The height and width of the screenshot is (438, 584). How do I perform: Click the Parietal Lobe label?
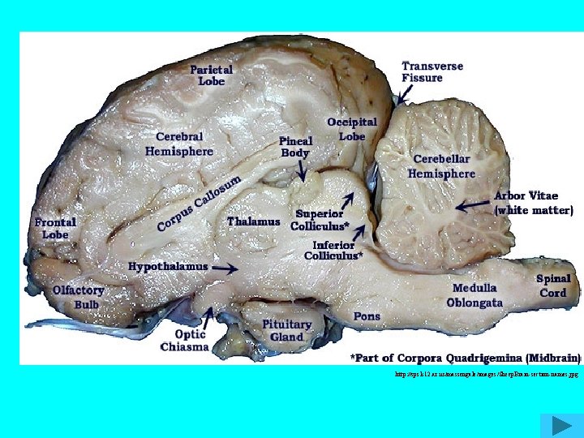point(211,75)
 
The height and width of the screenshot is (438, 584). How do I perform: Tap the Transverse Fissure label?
point(433,71)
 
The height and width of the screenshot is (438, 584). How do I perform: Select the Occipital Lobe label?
point(351,129)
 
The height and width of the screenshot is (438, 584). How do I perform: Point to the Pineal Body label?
point(295,146)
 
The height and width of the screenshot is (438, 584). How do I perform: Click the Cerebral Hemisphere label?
point(179,144)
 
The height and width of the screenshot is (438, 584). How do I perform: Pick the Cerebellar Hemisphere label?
point(441,166)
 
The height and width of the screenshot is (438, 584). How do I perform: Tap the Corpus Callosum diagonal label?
point(200,202)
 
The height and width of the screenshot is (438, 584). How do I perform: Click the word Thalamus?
point(254,221)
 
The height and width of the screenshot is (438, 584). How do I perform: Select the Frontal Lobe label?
point(56,228)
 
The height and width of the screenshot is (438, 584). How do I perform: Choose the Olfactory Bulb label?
point(79,297)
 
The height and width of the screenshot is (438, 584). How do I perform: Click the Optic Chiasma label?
point(184,340)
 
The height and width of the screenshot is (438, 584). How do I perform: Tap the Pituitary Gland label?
point(286,330)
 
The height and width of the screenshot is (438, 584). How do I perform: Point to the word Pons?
point(366,316)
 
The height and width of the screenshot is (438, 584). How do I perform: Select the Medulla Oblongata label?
point(474,295)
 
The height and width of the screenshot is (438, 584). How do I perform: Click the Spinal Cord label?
point(553,286)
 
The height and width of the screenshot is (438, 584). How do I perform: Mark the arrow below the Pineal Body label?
point(302,170)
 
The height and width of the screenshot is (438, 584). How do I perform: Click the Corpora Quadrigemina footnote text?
point(465,357)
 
